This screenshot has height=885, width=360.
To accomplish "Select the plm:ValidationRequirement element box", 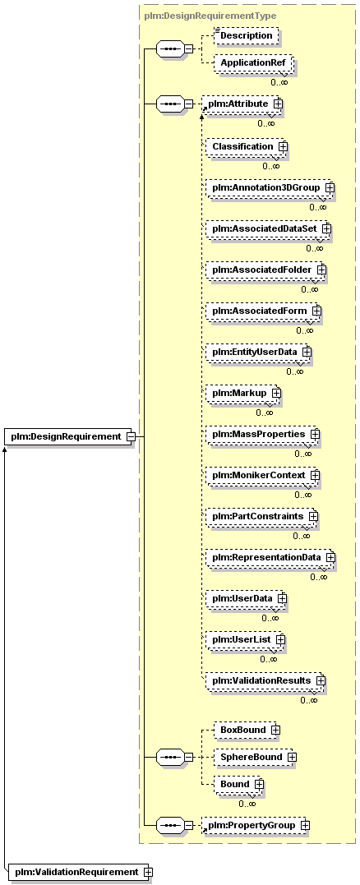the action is point(80,872).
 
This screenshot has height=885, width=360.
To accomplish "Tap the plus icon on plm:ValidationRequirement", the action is point(148,872).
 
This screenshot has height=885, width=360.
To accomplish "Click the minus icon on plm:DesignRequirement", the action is point(131,436).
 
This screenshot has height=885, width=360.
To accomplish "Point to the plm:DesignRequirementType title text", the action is point(210,16).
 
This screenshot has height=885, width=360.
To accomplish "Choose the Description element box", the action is point(246,35).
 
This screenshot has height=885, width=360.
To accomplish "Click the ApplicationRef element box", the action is point(252,63).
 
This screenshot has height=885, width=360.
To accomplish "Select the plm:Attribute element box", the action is point(242,104).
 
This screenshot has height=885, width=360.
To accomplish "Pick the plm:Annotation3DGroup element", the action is point(270,187).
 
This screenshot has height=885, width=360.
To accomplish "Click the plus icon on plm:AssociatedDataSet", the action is point(326,228).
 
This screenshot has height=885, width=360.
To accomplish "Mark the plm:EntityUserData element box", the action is point(258,353).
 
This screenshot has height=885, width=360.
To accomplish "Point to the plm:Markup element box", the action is point(242,393).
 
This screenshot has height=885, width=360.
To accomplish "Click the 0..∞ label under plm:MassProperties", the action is point(303,454).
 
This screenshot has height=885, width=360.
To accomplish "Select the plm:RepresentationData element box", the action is point(270,558).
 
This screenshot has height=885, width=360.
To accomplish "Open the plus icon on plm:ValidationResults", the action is point(321,680).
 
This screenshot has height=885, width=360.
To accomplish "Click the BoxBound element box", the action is point(247,730).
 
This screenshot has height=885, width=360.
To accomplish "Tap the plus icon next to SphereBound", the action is point(292,757).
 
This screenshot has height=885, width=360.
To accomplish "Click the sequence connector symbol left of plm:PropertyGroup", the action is point(170,826).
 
